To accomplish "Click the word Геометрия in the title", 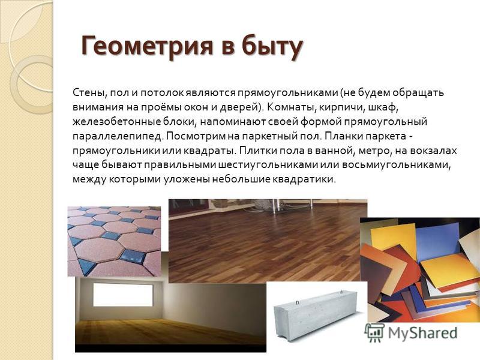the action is [147, 46].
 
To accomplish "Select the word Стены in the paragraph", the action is [89, 93].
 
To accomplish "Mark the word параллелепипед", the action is [116, 137].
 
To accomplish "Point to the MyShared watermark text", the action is [423, 333].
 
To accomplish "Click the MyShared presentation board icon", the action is [374, 333].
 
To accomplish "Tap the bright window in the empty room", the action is [123, 295].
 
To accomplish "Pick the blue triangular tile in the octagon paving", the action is [86, 266].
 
